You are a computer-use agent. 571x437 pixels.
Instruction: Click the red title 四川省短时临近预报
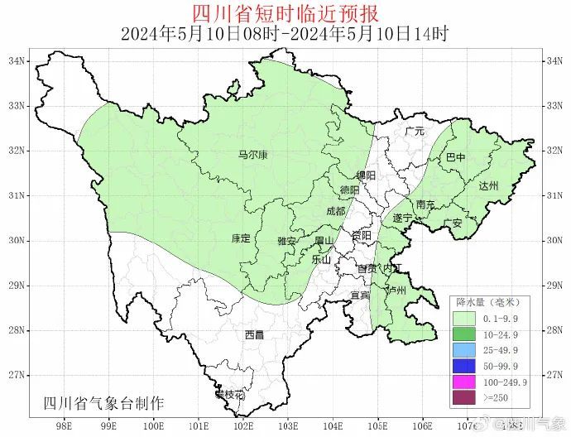tap(285, 14)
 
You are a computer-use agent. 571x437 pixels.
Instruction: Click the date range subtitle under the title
tap(285, 35)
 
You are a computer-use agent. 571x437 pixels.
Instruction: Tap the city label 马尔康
tap(252, 155)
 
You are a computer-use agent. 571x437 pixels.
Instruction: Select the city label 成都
tap(336, 211)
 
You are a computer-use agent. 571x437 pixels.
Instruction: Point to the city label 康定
tap(241, 238)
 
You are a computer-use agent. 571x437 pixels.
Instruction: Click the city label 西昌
tap(254, 335)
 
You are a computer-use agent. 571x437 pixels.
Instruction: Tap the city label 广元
tap(414, 131)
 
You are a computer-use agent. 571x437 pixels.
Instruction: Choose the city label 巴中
tap(456, 156)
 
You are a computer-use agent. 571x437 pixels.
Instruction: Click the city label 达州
tap(488, 186)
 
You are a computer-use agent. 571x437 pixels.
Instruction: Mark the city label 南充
tap(425, 204)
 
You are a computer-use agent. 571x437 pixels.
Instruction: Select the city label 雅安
tap(286, 241)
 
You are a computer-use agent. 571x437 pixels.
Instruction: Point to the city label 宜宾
tap(360, 295)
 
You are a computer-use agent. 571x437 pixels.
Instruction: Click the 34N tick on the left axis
tap(16, 61)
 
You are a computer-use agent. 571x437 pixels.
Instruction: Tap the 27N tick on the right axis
tap(554, 374)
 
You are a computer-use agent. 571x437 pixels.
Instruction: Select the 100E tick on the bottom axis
tap(153, 427)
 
